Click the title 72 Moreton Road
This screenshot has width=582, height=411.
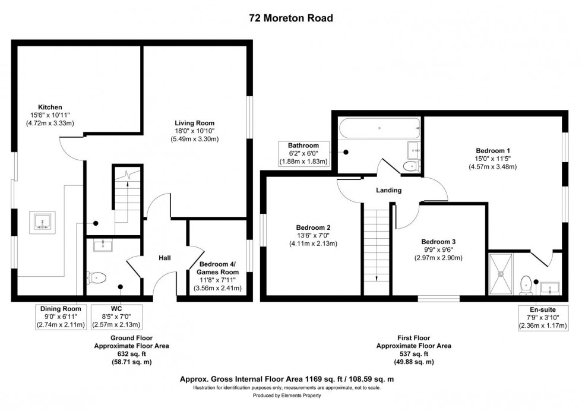(290, 18)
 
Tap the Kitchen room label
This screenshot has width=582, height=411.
(50, 107)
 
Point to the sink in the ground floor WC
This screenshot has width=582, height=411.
(100, 244)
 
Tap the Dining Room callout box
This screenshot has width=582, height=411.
(60, 317)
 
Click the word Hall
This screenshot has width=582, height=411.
(165, 258)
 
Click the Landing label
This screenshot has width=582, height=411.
(388, 191)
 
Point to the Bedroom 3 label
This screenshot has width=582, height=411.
(438, 242)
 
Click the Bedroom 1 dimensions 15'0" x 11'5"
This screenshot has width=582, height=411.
(492, 159)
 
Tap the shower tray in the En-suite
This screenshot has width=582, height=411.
(504, 273)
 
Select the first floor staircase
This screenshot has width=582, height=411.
(374, 252)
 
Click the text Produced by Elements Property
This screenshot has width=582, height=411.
(290, 395)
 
